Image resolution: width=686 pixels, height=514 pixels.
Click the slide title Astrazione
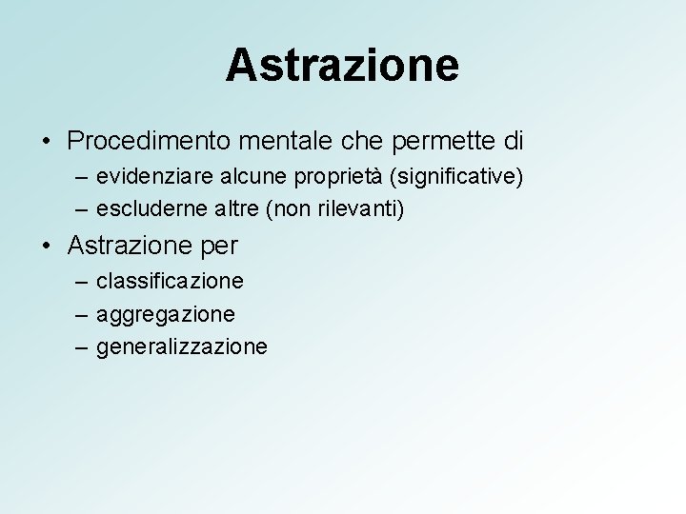(x=342, y=65)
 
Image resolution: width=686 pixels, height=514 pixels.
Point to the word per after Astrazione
(x=219, y=247)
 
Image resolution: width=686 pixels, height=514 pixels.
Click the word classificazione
(x=170, y=282)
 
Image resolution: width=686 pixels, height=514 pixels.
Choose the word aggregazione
(x=166, y=312)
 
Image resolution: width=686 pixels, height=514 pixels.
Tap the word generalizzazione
(x=182, y=346)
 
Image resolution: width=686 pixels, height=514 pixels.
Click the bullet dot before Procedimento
(x=47, y=142)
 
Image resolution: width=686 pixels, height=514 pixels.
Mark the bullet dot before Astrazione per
(x=47, y=246)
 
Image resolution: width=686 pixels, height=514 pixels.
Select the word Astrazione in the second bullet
(x=130, y=246)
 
